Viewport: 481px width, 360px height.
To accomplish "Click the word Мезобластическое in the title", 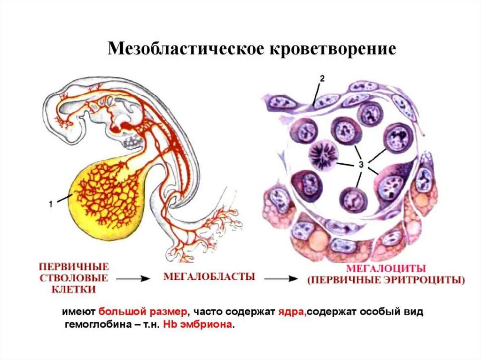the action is pos(183,49).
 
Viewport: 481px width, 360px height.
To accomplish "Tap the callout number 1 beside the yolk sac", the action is pos(50,203).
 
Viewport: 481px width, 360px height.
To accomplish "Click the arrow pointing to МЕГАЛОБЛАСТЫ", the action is pos(133,278).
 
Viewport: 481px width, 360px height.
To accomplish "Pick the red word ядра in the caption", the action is pos(294,313).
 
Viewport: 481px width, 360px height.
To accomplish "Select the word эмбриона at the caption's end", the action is pos(205,325).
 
